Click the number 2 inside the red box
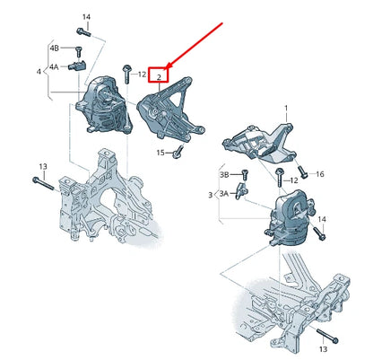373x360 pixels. pos(159,77)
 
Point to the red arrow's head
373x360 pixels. pos(168,67)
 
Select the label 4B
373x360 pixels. pos(54,48)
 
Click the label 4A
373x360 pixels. pos(54,66)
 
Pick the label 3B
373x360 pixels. pos(225,175)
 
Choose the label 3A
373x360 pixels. pos(224,192)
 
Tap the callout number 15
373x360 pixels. pos(160,153)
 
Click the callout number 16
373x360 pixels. pos(320,174)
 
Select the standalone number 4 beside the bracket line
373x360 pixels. pos(38,71)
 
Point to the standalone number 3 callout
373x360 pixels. pos(211,194)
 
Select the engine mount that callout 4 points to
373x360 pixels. pos(103,104)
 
